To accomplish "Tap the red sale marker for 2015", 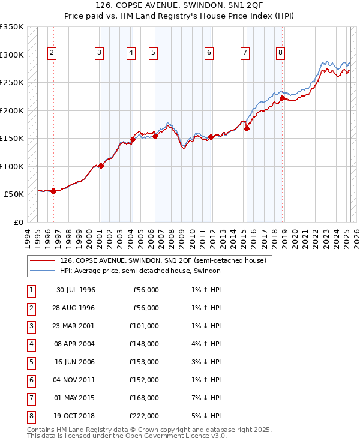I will (x=247, y=128).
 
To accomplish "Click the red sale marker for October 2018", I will (x=282, y=98).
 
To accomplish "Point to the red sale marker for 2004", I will (x=133, y=139).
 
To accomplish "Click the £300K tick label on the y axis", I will (x=11, y=55).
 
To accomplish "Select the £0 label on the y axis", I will (x=17, y=222).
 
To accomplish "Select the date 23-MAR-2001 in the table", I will (x=75, y=326).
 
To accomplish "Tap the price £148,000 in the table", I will (x=146, y=344).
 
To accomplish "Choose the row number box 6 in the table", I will (x=30, y=380).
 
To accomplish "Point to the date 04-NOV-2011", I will (x=75, y=380).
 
